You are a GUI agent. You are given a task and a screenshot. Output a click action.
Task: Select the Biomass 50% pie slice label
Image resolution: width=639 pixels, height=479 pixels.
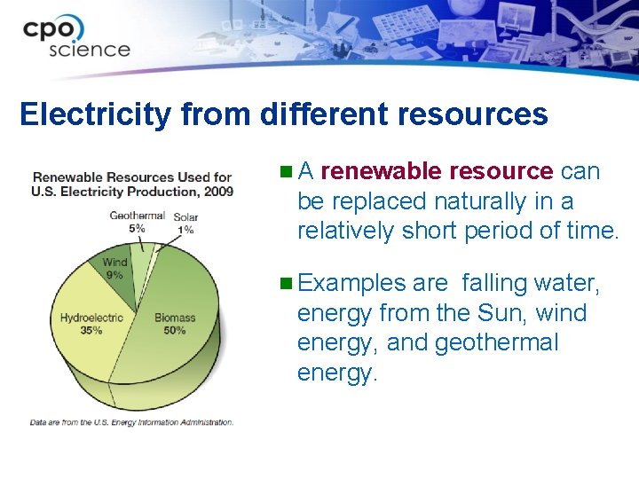coord(175,324)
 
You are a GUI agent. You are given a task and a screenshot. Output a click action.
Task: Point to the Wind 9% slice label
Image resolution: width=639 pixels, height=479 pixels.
coord(114,268)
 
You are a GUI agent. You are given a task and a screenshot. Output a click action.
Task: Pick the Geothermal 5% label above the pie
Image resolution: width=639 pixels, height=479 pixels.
coord(137,221)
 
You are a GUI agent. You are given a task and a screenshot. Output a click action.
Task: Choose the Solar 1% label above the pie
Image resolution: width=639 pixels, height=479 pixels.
coord(185,223)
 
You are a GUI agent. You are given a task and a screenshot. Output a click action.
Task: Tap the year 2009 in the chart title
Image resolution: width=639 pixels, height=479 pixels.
coord(217,191)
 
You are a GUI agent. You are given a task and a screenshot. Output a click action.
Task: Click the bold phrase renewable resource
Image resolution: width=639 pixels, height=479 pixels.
coord(437,171)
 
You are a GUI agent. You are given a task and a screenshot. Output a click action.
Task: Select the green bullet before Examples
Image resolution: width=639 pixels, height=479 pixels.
coord(285,284)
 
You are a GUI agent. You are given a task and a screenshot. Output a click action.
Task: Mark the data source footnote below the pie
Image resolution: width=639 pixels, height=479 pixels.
coord(131,422)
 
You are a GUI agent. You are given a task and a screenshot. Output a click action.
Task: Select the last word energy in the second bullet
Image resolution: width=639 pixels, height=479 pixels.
coord(337,373)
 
